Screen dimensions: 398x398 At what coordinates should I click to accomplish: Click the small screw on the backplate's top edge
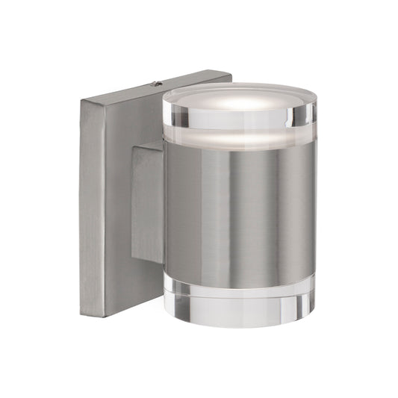[156, 84]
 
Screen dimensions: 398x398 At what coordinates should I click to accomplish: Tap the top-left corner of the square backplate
[82, 100]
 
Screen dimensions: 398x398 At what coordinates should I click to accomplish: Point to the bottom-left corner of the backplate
[83, 313]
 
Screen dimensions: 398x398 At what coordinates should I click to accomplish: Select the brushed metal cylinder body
[239, 209]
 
